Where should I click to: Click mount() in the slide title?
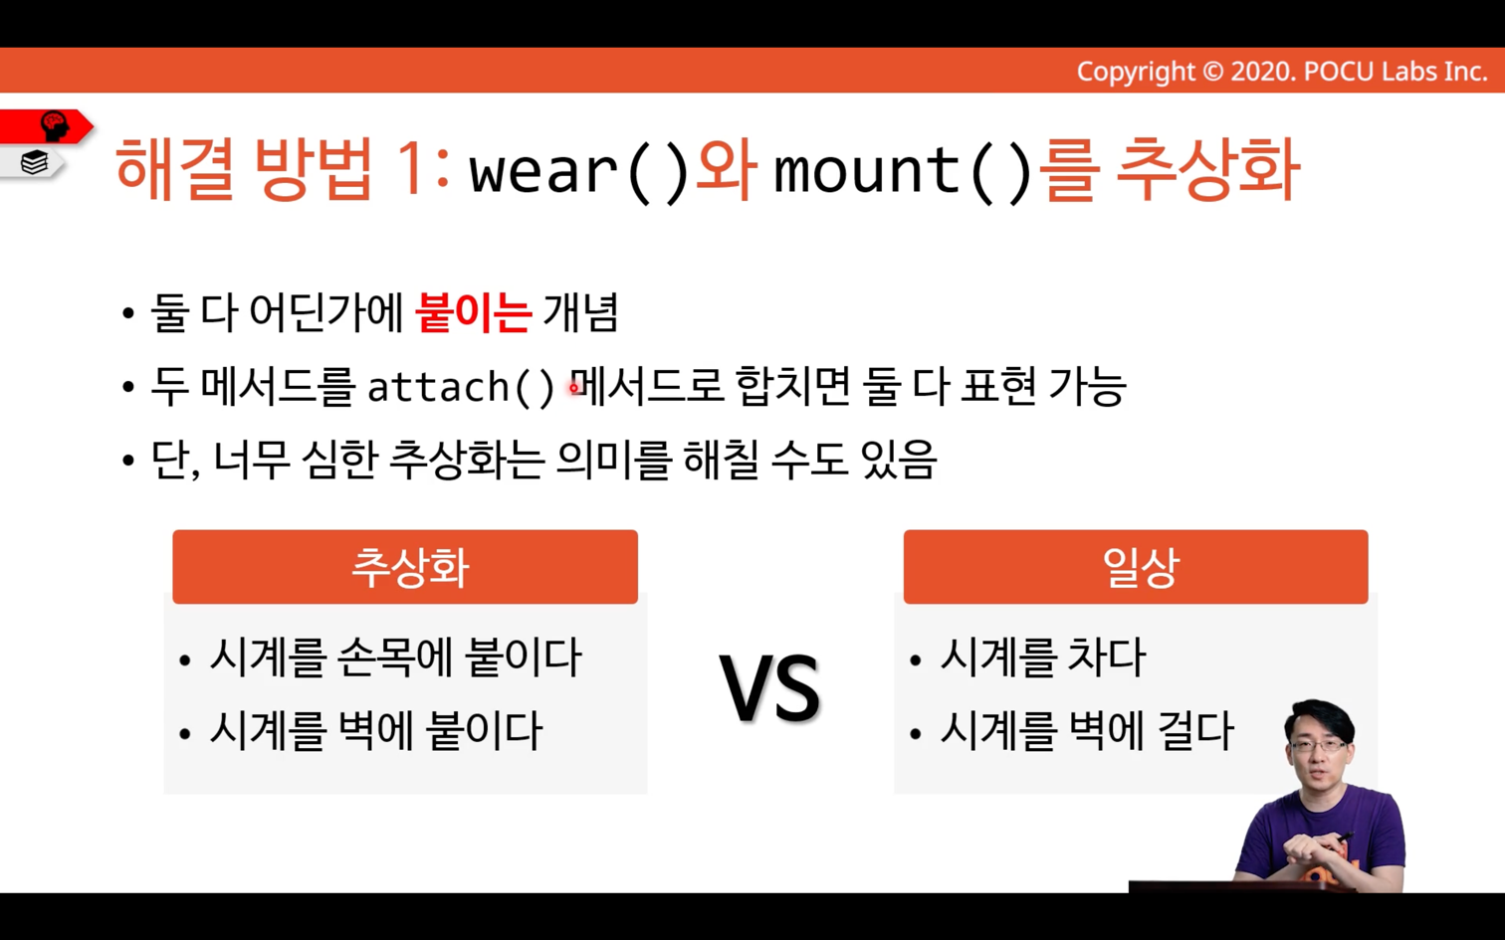point(903,172)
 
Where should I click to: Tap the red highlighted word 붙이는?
point(474,313)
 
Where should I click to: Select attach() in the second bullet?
point(461,387)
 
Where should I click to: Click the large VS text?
point(770,687)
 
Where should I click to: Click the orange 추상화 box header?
point(405,567)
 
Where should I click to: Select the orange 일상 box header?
point(1136,567)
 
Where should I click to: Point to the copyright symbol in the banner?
point(1212,72)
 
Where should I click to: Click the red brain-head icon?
point(55,125)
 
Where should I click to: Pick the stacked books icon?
point(35,162)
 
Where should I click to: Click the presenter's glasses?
point(1318,746)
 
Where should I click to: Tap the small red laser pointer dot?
point(573,387)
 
